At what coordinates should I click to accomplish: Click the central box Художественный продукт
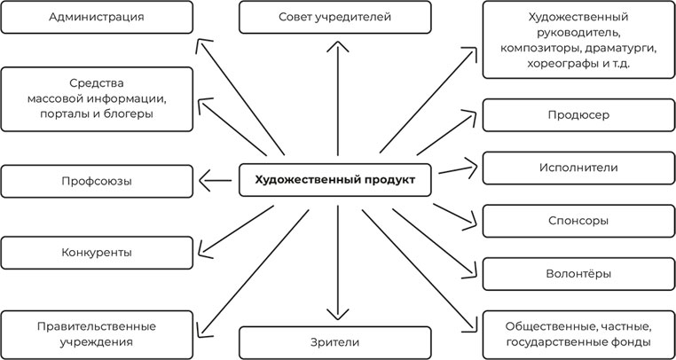334,181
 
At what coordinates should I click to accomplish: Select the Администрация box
97,17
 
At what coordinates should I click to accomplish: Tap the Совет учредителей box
334,17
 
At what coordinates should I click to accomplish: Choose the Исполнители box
578,168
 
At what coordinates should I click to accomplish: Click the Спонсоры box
578,221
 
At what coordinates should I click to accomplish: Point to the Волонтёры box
578,274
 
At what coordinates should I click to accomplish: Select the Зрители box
334,342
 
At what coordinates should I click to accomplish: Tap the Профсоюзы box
97,181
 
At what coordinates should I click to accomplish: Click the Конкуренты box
97,253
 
